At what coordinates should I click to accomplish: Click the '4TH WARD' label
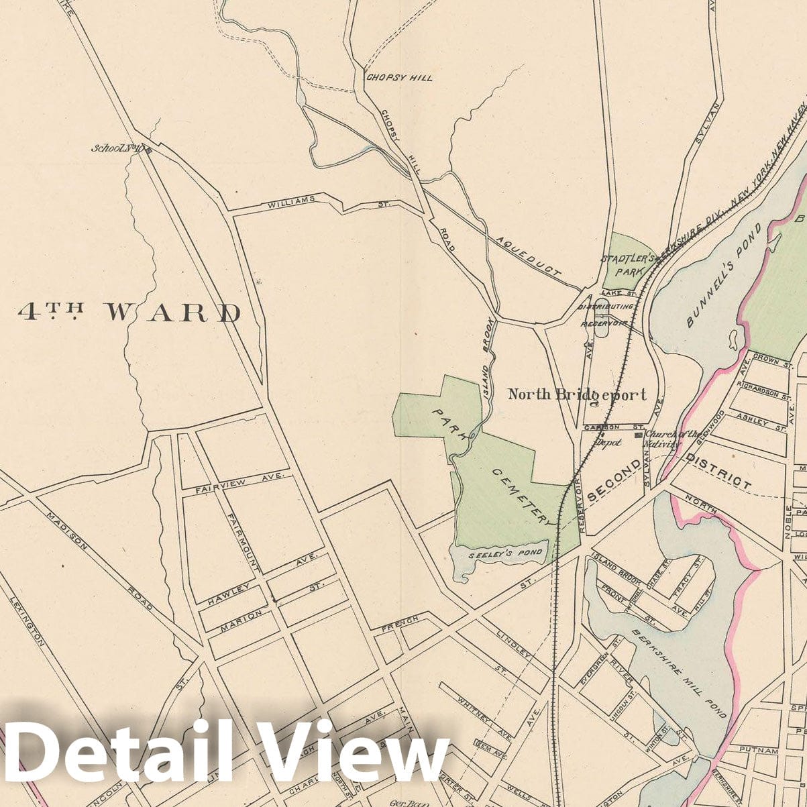129,312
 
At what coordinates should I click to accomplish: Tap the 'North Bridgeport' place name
577,394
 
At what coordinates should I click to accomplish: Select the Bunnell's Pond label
724,276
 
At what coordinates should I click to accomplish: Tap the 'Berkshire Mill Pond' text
679,673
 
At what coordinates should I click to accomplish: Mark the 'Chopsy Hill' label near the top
398,78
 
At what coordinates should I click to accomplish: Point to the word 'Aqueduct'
529,256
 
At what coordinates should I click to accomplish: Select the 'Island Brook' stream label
488,359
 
